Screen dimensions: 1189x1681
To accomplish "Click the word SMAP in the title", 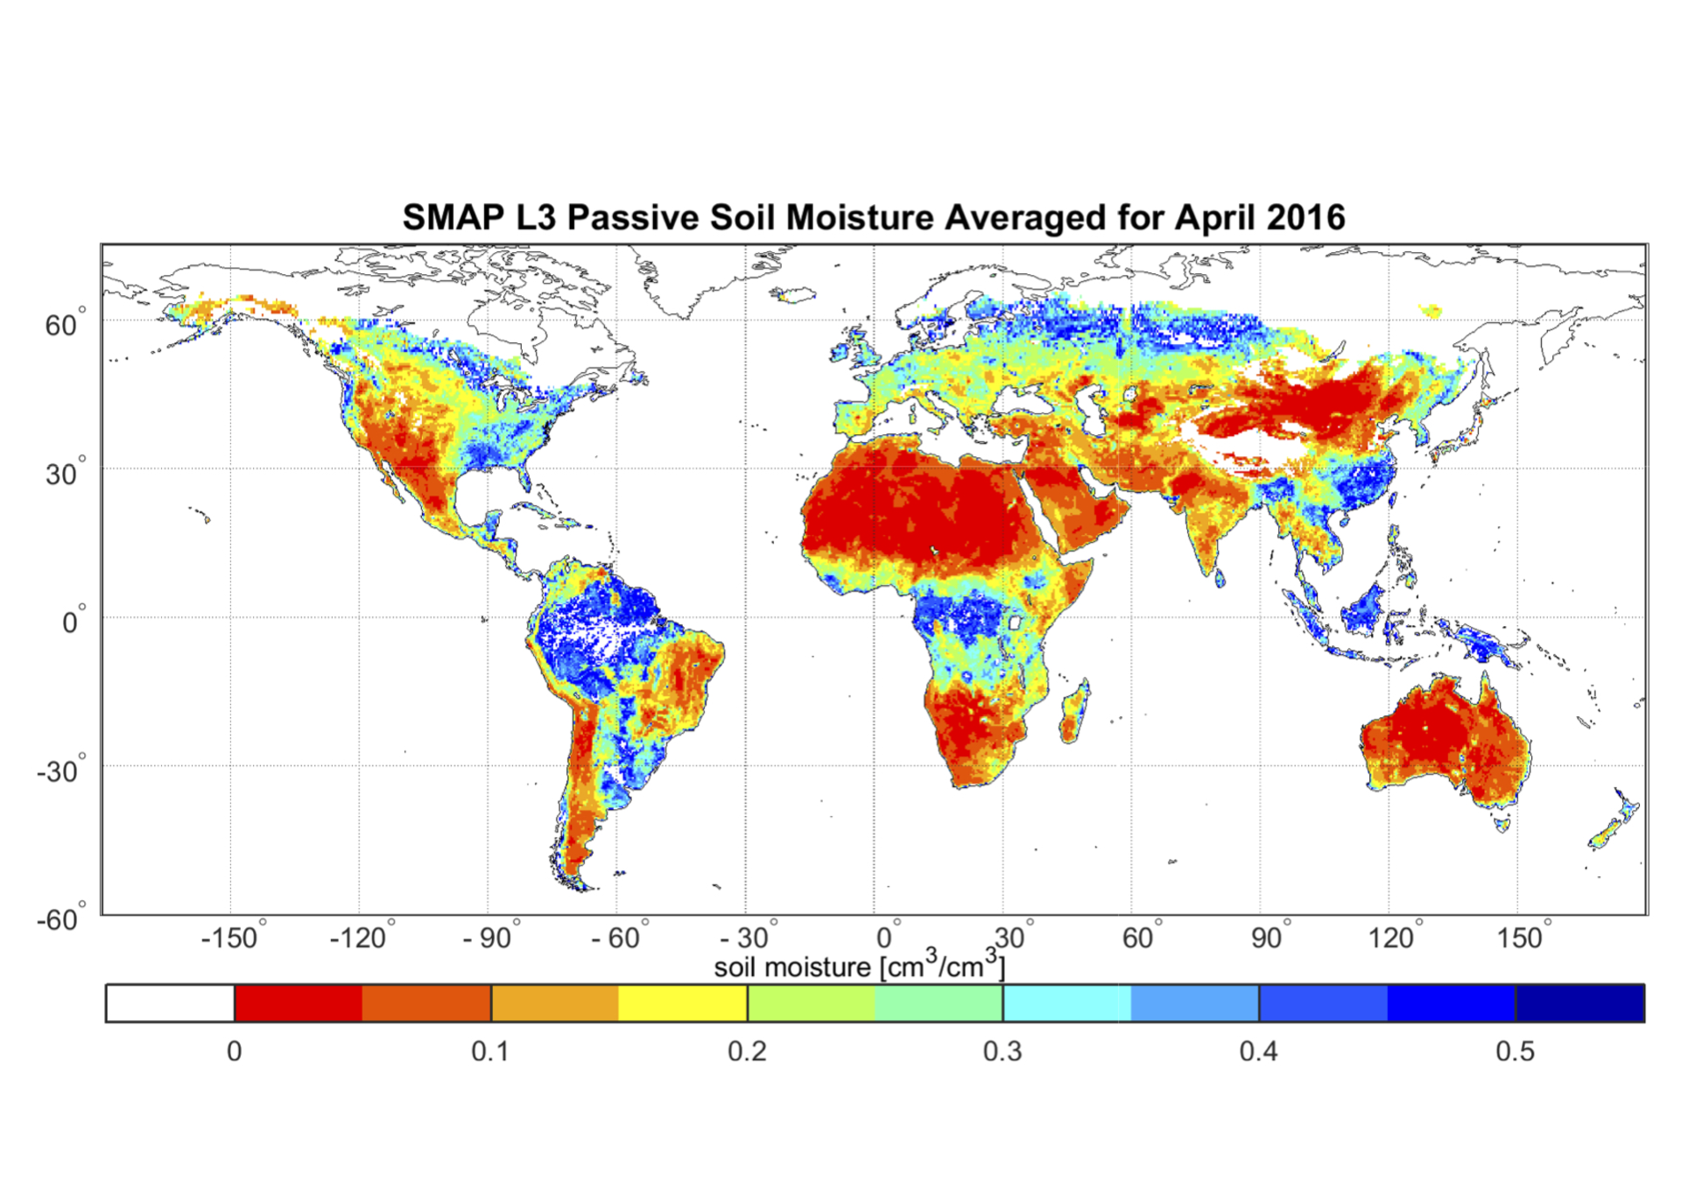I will tap(453, 217).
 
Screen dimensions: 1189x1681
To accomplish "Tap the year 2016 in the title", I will tap(1304, 217).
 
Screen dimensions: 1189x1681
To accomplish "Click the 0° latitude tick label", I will tap(73, 623).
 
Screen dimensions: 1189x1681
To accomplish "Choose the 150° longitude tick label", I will tap(1522, 939).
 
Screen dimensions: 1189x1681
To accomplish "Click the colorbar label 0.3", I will tap(1002, 1051).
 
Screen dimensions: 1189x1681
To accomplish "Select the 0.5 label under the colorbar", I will tap(1515, 1051).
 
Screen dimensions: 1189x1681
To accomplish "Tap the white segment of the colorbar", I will tap(170, 1003).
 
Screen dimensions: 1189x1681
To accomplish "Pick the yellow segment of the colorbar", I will tap(683, 1003).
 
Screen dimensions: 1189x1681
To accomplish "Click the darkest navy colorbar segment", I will tap(1580, 1003).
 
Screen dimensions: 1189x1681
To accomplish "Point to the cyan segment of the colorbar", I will tap(1066, 1003).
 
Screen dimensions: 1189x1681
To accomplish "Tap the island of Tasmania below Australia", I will tap(1502, 824).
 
